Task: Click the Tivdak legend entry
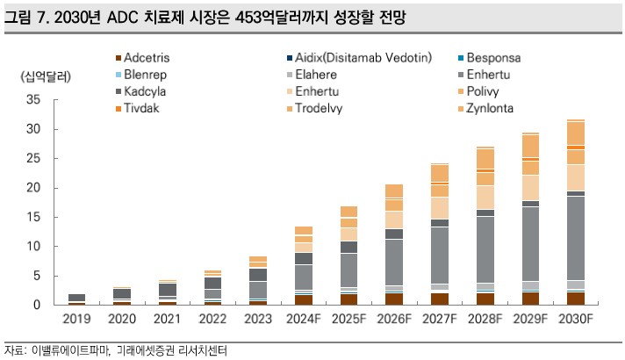[142, 108]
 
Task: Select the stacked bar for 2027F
[439, 234]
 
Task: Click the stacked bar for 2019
[76, 299]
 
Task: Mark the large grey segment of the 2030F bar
[575, 237]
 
